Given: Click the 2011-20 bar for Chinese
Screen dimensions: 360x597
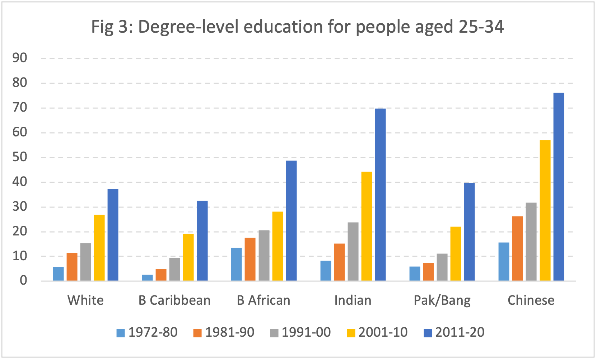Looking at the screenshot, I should (x=559, y=187).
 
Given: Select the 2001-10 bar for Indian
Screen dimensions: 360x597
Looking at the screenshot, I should (x=367, y=226).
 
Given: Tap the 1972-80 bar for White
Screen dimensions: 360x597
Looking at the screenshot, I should (x=58, y=273).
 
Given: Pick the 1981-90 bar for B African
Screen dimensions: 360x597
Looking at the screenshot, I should (x=250, y=259).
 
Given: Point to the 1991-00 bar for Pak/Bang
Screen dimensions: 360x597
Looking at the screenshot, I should (x=442, y=267).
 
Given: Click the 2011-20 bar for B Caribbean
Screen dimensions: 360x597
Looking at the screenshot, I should (x=202, y=240).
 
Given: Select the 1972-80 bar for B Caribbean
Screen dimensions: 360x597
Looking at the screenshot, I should (x=147, y=277).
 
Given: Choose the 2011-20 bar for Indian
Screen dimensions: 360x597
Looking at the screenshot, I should (x=380, y=195).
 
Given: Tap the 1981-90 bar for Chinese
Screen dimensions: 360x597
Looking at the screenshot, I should (x=517, y=248).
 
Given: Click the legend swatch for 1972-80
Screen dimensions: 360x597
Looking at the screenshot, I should (x=121, y=333).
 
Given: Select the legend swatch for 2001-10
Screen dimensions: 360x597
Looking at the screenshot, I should (x=351, y=333).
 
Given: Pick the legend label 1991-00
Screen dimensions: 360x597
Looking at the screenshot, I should (x=306, y=332).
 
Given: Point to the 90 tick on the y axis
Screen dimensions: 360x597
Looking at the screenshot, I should (x=20, y=58).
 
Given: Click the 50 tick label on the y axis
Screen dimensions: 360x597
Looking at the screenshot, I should (x=20, y=157).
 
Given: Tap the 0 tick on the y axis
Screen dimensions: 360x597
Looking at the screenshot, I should (x=23, y=280).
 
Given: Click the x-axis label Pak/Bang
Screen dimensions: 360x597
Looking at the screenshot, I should (x=442, y=300).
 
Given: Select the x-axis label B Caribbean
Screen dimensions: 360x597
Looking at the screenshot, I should (x=174, y=300).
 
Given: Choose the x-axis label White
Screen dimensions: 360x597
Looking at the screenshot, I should (x=85, y=300).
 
